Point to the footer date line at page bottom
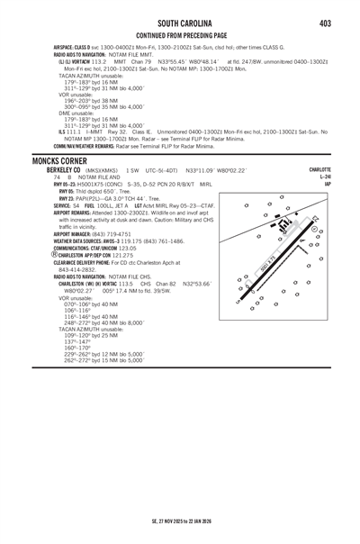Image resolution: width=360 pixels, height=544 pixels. [180, 520]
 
